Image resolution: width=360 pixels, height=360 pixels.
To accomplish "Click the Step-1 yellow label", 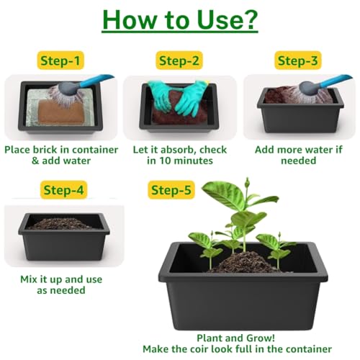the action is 60,60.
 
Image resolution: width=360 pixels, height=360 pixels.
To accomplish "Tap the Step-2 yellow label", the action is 179,60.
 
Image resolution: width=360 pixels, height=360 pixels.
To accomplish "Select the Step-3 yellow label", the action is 298,60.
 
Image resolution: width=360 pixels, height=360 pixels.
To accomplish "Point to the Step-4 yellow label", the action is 63,190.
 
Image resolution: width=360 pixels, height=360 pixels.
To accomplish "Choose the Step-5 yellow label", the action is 171,190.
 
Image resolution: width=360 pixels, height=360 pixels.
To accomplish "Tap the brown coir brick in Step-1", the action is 61,112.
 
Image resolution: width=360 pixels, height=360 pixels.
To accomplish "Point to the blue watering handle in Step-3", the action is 336,81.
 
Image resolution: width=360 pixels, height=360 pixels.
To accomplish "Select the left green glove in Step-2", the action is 161,96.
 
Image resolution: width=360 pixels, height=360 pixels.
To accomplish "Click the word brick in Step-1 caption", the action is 46,150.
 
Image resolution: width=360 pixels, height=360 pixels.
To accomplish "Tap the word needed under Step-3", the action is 298,161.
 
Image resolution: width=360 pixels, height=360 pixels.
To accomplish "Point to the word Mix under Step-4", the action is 29,279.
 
